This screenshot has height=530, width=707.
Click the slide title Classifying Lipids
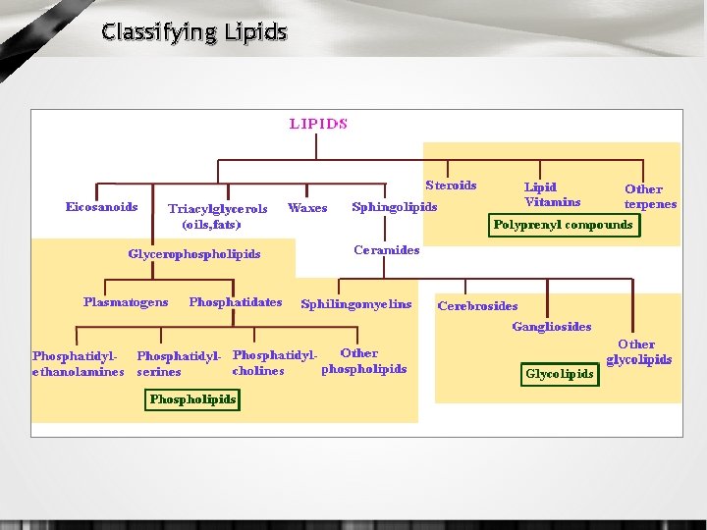(x=194, y=32)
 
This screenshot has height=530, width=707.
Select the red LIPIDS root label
(x=317, y=124)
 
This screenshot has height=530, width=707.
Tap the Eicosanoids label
(x=101, y=207)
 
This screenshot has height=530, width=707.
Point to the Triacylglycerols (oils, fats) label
(x=217, y=217)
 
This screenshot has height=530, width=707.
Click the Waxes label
(x=307, y=208)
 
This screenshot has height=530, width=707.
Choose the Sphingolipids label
(x=394, y=207)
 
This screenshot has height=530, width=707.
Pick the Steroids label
(x=451, y=185)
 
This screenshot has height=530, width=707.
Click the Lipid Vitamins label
(x=552, y=194)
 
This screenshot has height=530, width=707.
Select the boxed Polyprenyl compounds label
(x=563, y=225)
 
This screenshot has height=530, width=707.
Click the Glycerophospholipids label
(x=194, y=254)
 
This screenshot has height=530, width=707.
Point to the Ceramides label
(x=386, y=249)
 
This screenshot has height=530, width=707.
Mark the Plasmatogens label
(x=126, y=302)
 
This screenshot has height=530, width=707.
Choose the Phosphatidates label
(x=235, y=302)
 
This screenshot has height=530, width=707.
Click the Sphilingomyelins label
(x=356, y=304)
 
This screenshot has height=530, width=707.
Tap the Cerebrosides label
(x=477, y=305)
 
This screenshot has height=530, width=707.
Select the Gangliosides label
(x=551, y=326)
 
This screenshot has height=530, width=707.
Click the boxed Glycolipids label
(x=560, y=374)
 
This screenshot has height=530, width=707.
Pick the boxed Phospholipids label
(x=192, y=399)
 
